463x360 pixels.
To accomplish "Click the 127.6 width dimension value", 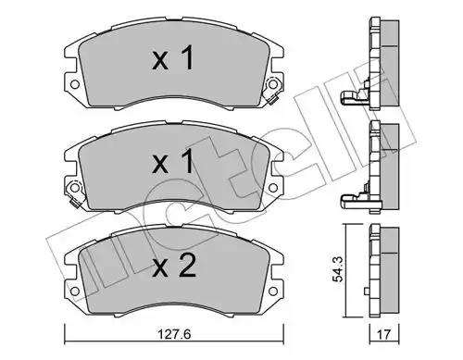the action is click(174, 334).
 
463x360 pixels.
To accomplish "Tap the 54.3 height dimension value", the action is click(338, 270).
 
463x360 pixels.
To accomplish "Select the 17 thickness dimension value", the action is click(383, 334).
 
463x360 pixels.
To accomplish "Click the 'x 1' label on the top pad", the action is click(173, 57).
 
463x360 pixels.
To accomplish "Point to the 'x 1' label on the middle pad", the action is click(173, 161).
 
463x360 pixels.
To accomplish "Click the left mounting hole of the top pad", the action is click(75, 84).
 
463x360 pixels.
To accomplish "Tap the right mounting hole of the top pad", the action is click(272, 84).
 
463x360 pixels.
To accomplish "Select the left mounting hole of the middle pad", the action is click(74, 187).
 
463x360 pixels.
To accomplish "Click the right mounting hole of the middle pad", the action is click(273, 188).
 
